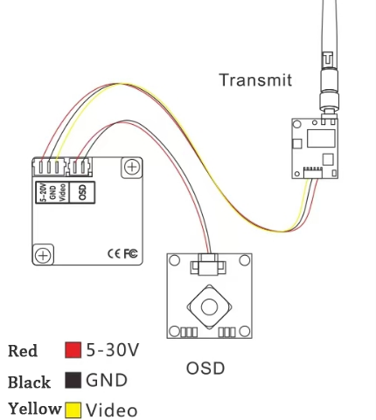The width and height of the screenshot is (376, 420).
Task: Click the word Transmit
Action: click(x=255, y=80)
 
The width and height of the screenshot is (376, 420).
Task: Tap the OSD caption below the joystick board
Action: click(x=205, y=368)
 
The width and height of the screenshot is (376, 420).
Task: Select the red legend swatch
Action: click(x=73, y=350)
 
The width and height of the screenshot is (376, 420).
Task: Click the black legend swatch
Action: click(x=73, y=380)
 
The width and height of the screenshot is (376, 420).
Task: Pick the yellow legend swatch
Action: click(x=73, y=410)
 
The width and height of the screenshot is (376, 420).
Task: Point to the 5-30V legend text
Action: click(x=113, y=350)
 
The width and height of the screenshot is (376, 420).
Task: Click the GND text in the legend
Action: click(x=107, y=380)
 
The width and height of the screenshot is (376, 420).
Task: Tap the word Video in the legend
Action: click(x=112, y=410)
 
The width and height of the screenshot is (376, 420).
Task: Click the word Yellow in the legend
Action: click(x=35, y=409)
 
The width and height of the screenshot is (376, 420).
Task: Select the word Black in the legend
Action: click(x=29, y=382)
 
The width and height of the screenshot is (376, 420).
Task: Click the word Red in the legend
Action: click(x=23, y=351)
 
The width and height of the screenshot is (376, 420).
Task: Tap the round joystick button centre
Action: click(x=209, y=307)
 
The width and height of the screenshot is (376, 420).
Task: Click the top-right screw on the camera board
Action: click(x=132, y=167)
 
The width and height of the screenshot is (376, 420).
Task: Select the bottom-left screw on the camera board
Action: click(x=43, y=255)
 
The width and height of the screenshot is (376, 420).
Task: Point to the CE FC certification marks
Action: click(x=122, y=253)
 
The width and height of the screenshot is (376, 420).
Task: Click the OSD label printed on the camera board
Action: click(x=83, y=192)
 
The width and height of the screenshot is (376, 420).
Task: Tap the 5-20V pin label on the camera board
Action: click(x=44, y=192)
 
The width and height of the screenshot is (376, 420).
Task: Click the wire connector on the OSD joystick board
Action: click(x=208, y=265)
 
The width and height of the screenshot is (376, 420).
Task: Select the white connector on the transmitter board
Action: click(x=313, y=173)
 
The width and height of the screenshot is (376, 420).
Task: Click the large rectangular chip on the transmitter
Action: click(x=321, y=138)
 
